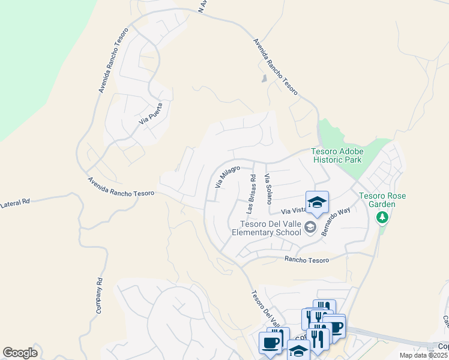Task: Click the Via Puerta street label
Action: point(151,113)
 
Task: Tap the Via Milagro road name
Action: point(228,176)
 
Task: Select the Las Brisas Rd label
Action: point(252,195)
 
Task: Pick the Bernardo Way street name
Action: point(336,222)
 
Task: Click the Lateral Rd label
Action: point(15,205)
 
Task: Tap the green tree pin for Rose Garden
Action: point(382,217)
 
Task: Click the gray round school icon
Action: point(310,227)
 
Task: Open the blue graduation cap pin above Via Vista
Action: point(317,203)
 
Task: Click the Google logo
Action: point(20,352)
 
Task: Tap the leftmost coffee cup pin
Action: point(270,344)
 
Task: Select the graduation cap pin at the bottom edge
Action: point(298,351)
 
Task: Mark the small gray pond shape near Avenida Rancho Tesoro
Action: point(264,78)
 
